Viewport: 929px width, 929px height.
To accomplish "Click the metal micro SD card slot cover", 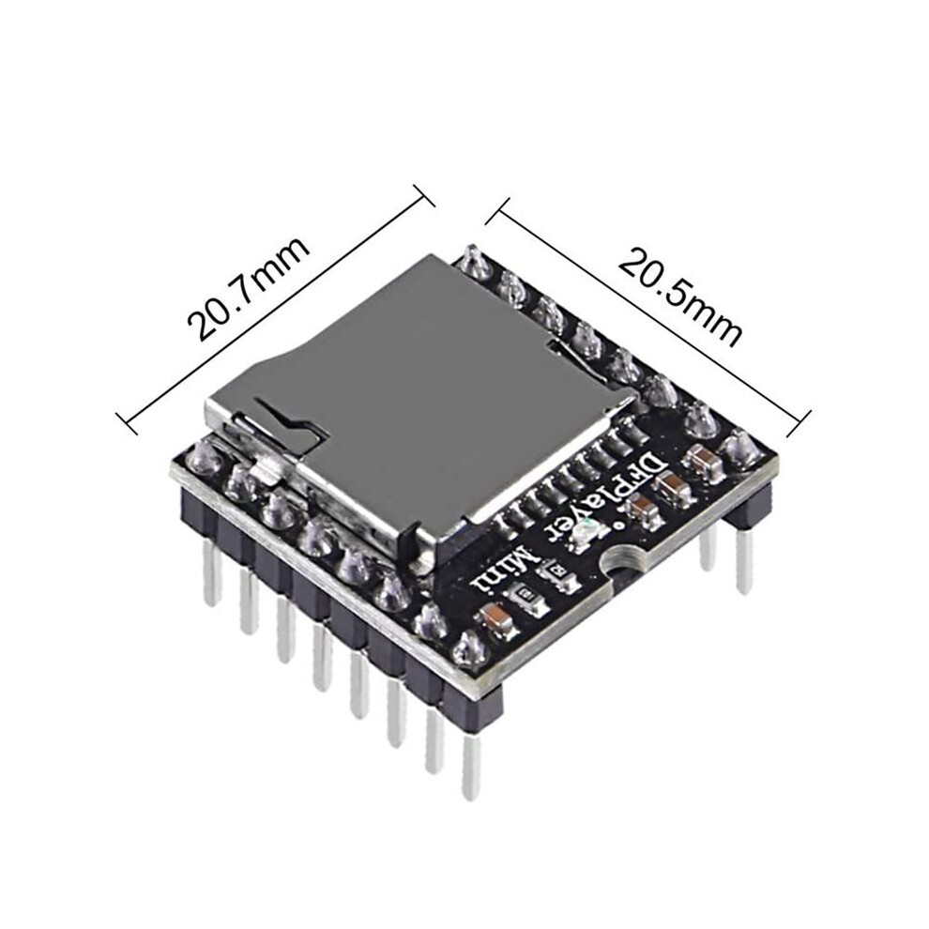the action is tap(415, 391).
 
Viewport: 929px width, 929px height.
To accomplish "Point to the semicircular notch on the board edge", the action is tap(623, 563).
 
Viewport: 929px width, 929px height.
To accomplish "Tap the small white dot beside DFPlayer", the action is tap(619, 525).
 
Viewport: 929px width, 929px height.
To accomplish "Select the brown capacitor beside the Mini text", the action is tap(495, 617).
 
